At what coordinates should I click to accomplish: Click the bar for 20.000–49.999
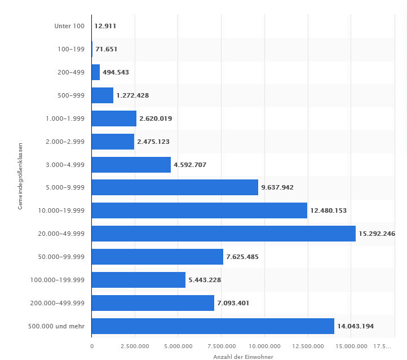click(223, 234)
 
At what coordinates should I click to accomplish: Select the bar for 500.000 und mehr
click(213, 326)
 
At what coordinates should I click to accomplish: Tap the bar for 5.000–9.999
click(175, 187)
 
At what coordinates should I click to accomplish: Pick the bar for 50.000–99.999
click(157, 257)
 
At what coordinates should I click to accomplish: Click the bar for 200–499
click(96, 72)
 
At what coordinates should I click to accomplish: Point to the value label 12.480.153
click(329, 210)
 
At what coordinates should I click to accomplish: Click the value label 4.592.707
click(192, 165)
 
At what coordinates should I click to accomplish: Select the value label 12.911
click(105, 26)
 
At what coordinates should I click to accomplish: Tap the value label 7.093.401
click(233, 303)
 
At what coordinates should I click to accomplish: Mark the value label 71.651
click(107, 49)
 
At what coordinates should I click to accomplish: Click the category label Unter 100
click(69, 26)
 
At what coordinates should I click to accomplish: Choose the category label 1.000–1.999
click(65, 118)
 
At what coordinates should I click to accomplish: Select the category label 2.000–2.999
click(65, 142)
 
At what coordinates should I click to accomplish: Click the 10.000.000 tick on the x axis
click(264, 346)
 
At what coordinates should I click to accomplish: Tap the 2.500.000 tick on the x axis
click(135, 346)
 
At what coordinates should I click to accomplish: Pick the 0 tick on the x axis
click(92, 346)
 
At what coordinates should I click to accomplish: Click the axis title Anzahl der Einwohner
click(243, 357)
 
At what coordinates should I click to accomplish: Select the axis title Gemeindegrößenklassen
click(20, 177)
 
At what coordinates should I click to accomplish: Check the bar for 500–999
click(103, 95)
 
